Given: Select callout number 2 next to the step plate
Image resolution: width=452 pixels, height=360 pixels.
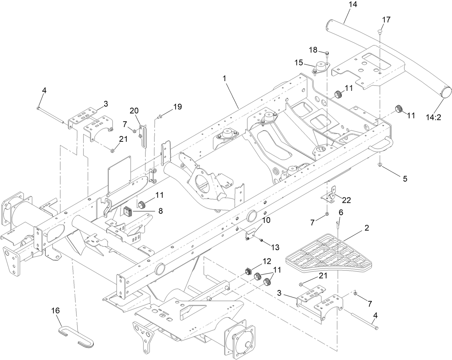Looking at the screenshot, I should pyautogui.click(x=366, y=228).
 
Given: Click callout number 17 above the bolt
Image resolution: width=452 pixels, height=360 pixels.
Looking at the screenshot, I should pyautogui.click(x=386, y=20).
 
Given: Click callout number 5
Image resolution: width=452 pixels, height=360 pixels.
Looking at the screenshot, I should pyautogui.click(x=405, y=178).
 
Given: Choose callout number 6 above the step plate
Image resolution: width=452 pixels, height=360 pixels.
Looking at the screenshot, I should pyautogui.click(x=341, y=212).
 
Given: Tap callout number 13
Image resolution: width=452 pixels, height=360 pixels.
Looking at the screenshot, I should pyautogui.click(x=275, y=247).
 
